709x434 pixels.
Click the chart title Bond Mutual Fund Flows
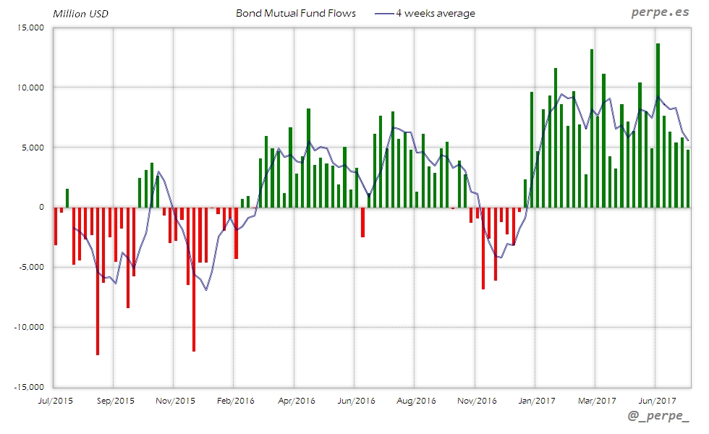coord(296,13)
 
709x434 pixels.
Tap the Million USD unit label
coord(80,14)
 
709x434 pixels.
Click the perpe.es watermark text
coord(660,12)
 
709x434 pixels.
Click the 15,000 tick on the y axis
coord(30,27)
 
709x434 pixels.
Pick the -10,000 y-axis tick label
coord(29,327)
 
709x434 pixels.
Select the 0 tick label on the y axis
coord(42,207)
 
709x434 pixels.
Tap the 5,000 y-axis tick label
coord(33,148)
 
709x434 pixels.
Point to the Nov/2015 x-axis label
coord(176,400)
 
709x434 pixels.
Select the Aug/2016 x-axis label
coord(417,400)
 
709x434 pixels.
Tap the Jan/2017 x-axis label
coord(535,400)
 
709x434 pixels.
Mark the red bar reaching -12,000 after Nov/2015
coord(194,278)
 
